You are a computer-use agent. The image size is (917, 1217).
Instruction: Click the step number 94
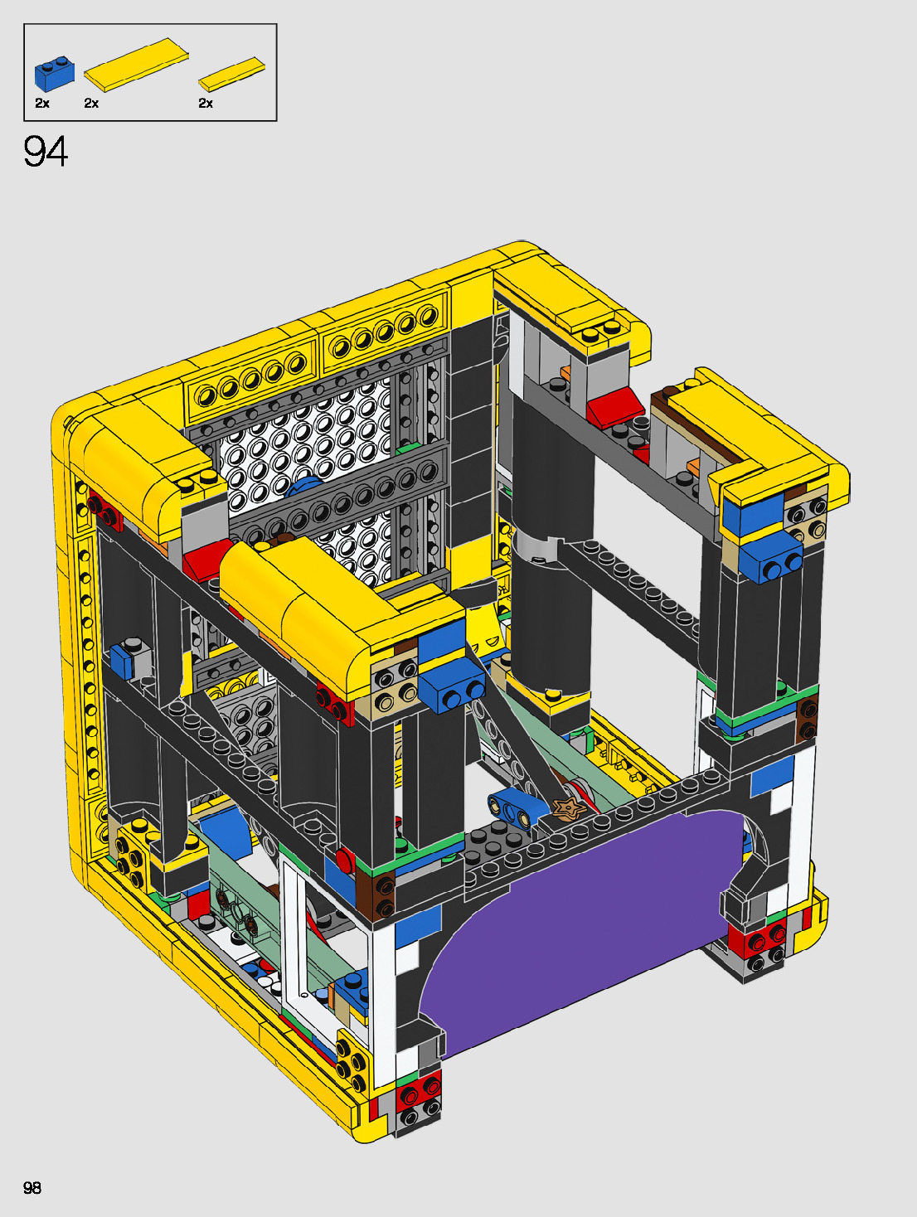[x=46, y=152]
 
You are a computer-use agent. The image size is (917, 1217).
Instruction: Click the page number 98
[x=32, y=1187]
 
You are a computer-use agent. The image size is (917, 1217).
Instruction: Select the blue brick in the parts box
[x=55, y=73]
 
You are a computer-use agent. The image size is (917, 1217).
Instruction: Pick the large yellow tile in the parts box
[x=136, y=65]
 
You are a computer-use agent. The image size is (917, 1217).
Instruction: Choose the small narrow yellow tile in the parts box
[x=232, y=74]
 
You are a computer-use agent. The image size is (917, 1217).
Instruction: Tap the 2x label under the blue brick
[x=42, y=103]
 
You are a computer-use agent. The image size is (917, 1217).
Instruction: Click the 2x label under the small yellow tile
[x=206, y=103]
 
